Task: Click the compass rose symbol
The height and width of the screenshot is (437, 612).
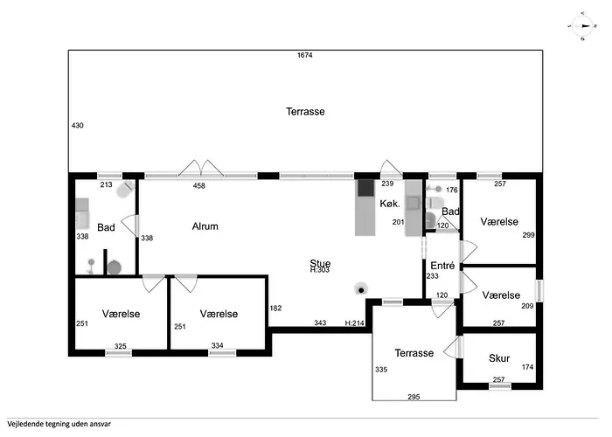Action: (582, 26)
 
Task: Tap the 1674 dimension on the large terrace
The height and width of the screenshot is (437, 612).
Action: (305, 55)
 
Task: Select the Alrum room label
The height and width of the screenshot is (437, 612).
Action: (205, 226)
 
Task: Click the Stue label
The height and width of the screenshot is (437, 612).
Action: (320, 263)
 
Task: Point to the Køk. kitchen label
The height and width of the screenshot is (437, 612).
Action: (390, 204)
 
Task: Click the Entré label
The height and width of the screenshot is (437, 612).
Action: (442, 266)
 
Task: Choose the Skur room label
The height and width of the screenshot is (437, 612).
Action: (499, 358)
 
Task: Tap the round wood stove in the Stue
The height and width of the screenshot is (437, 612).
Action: (361, 289)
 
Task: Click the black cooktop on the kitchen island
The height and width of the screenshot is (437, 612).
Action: (365, 188)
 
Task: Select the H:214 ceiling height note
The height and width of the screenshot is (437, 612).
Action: (354, 323)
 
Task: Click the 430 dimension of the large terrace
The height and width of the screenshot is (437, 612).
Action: (77, 126)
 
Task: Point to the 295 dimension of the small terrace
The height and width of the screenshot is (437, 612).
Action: (414, 397)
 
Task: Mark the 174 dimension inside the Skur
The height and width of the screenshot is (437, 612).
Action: (527, 367)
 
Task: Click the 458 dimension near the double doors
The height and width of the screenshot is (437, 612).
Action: (199, 185)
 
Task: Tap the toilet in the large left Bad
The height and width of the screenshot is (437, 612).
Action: (125, 190)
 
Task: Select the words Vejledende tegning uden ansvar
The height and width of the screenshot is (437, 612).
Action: (59, 424)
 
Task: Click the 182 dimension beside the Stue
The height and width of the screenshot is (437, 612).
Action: (275, 309)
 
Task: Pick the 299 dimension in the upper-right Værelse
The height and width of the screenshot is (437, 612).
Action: (528, 235)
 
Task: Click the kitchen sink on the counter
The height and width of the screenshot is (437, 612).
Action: (413, 203)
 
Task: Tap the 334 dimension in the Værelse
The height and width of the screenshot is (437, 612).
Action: (217, 345)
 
